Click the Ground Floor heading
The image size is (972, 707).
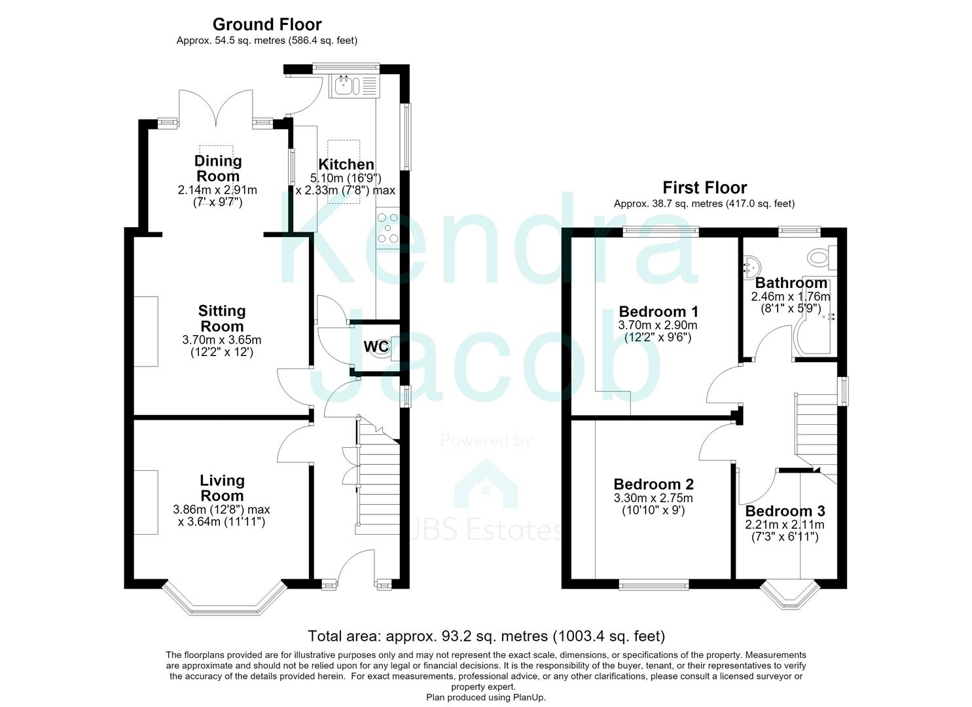pyautogui.click(x=267, y=24)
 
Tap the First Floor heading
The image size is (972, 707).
pyautogui.click(x=705, y=187)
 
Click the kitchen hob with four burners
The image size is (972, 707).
pyautogui.click(x=388, y=228)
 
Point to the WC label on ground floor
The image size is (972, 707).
pyautogui.click(x=376, y=346)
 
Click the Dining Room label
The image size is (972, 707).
pyautogui.click(x=218, y=168)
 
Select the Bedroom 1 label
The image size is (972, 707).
pyautogui.click(x=658, y=311)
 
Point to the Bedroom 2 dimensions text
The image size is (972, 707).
pyautogui.click(x=653, y=504)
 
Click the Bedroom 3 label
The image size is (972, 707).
pyautogui.click(x=785, y=511)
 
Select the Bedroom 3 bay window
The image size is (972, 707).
pyautogui.click(x=790, y=595)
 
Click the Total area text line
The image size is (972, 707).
pyautogui.click(x=486, y=636)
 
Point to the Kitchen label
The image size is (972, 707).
pyautogui.click(x=346, y=164)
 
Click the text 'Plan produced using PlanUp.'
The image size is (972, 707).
pyautogui.click(x=486, y=697)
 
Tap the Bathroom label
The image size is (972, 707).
pyautogui.click(x=791, y=283)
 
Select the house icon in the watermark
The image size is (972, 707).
pyautogui.click(x=486, y=484)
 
